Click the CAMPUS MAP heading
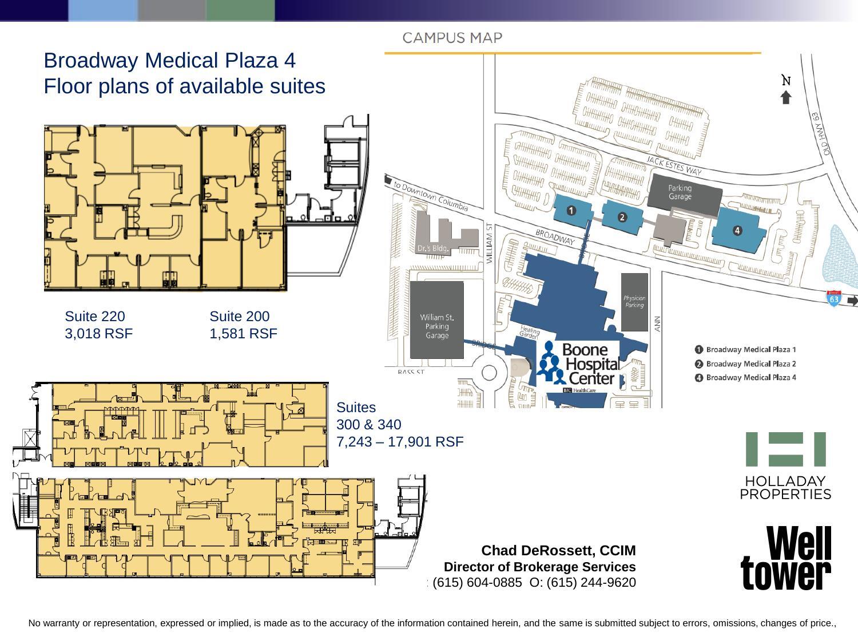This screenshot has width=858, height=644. (x=452, y=38)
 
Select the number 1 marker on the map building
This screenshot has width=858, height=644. (x=571, y=211)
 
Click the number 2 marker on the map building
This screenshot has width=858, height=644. (x=622, y=217)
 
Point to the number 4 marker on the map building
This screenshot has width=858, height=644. (x=737, y=230)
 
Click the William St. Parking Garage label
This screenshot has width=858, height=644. (x=437, y=326)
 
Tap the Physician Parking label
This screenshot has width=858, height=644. (x=634, y=301)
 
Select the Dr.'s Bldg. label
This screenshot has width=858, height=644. (x=432, y=248)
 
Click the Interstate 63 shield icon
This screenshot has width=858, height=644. (x=834, y=299)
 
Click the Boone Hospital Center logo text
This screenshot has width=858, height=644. (x=591, y=364)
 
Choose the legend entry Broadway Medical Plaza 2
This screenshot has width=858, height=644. (x=750, y=364)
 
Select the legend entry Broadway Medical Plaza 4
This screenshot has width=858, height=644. (x=750, y=377)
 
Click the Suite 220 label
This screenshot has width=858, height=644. (x=95, y=317)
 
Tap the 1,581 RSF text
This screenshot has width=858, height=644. (x=243, y=334)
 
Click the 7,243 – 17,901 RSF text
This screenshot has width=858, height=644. (x=399, y=442)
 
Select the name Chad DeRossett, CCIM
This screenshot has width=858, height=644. (x=558, y=551)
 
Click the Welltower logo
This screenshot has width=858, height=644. (x=786, y=558)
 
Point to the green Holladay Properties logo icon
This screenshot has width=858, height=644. (x=785, y=449)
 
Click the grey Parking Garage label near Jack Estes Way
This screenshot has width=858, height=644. (x=680, y=192)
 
